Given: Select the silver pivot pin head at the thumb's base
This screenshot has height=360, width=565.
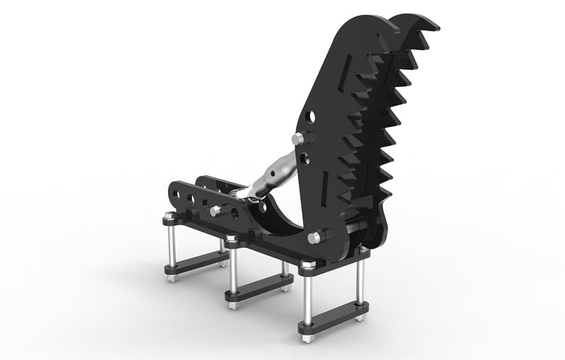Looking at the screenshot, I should click(315, 237).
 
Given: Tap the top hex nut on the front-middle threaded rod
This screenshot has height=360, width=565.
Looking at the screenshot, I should click(231, 240).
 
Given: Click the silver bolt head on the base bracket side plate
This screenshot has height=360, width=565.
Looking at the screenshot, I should click(215, 211).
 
